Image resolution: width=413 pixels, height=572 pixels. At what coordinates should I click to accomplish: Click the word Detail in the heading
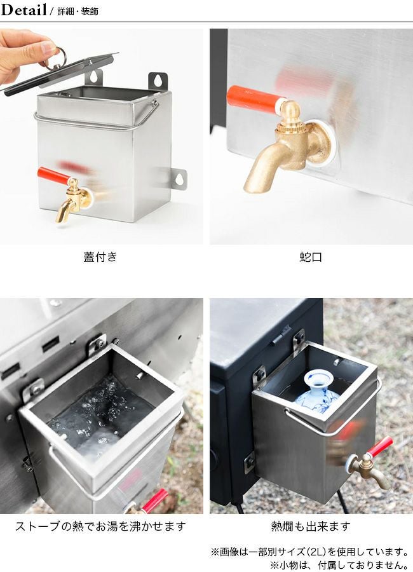pyautogui.click(x=24, y=10)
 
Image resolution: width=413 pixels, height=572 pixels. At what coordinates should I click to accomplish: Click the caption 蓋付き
pyautogui.click(x=100, y=257)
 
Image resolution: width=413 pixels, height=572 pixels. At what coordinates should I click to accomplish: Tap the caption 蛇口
pyautogui.click(x=311, y=257)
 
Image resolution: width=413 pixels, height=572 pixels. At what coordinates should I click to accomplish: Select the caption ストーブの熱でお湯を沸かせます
pyautogui.click(x=100, y=526)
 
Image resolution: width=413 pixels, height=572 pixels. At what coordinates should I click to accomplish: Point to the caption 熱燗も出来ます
pyautogui.click(x=311, y=526)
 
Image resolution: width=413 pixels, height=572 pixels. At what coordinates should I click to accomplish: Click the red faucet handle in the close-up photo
pyautogui.click(x=255, y=98)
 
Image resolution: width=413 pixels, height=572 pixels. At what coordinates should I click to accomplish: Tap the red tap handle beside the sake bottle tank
pyautogui.click(x=380, y=447)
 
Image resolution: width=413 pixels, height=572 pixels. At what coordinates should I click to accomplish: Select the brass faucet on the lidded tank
pyautogui.click(x=73, y=200)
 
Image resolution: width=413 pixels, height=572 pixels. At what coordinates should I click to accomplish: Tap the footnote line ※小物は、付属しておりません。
pyautogui.click(x=339, y=565)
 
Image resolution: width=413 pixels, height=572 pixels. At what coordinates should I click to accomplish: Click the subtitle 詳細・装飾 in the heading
pyautogui.click(x=78, y=11)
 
